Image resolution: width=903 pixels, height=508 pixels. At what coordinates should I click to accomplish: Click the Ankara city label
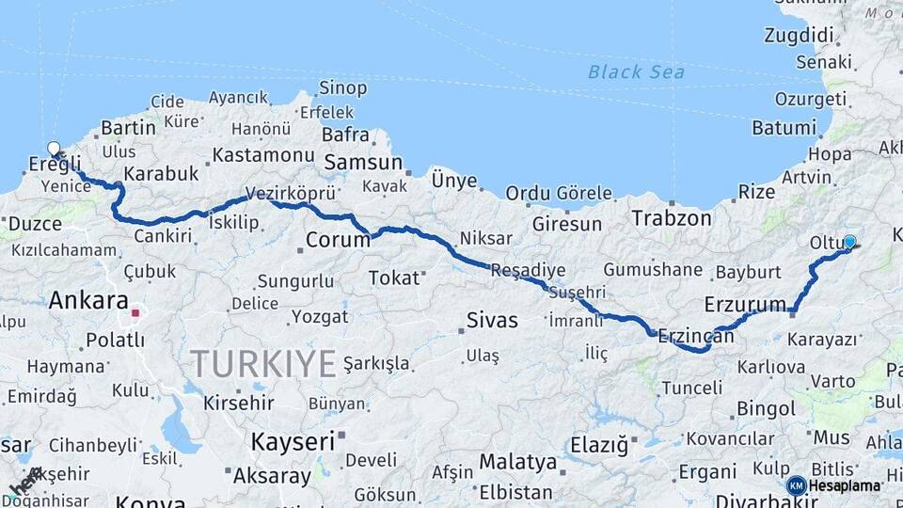[87, 301]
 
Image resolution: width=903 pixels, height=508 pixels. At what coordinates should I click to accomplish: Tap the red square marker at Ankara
[135, 313]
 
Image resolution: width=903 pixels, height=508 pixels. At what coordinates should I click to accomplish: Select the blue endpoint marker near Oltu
[849, 242]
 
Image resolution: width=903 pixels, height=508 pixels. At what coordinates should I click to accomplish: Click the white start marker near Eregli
[54, 149]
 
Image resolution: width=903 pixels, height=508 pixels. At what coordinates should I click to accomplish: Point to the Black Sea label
[636, 71]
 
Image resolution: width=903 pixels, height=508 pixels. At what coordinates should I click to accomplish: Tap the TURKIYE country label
[263, 362]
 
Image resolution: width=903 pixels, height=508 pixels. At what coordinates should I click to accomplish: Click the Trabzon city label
[672, 218]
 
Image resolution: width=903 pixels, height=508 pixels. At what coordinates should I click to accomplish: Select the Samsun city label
[363, 163]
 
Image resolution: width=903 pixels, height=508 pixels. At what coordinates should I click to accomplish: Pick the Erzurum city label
[745, 304]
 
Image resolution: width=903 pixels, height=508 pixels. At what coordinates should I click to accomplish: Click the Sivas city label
[493, 321]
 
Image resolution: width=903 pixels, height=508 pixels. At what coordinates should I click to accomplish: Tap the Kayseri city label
[293, 440]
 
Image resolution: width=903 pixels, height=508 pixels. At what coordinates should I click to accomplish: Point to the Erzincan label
[695, 335]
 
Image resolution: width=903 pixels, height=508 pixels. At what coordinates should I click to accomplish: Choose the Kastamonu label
[263, 155]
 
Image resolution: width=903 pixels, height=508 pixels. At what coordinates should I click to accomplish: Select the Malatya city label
[518, 462]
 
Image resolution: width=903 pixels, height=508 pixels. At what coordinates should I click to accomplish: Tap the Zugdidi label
[800, 37]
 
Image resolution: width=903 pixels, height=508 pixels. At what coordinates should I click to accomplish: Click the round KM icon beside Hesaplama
[796, 485]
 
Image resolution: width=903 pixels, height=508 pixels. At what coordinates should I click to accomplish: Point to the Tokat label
[394, 278]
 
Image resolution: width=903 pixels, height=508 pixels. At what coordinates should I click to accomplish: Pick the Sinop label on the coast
[342, 87]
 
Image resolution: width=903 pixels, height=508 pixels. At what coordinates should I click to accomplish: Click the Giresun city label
[566, 224]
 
